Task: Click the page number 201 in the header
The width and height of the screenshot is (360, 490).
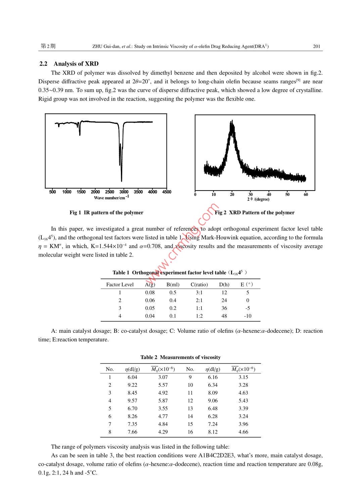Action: pyautogui.click(x=316, y=46)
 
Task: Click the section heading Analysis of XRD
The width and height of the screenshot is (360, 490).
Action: pyautogui.click(x=76, y=64)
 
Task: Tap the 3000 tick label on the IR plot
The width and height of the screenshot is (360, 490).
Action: pyautogui.click(x=124, y=192)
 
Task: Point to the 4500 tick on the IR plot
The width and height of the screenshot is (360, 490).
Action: pyautogui.click(x=167, y=192)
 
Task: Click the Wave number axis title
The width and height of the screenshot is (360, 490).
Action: pyautogui.click(x=111, y=198)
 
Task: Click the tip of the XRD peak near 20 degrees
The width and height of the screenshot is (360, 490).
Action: pyautogui.click(x=231, y=122)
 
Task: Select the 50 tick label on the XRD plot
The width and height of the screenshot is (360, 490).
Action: pyautogui.click(x=287, y=194)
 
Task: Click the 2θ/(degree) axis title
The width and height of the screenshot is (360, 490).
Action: pyautogui.click(x=258, y=199)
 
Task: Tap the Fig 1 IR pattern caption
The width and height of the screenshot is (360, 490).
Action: pyautogui.click(x=106, y=212)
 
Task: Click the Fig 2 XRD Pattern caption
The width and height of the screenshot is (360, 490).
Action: pyautogui.click(x=255, y=212)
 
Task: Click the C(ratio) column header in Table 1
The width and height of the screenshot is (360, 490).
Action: pyautogui.click(x=199, y=285)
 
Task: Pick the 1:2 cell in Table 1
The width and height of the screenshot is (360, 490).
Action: pyautogui.click(x=199, y=316)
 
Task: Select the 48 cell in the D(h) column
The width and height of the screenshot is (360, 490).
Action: pyautogui.click(x=224, y=316)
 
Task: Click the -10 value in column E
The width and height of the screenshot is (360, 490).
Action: pyautogui.click(x=248, y=316)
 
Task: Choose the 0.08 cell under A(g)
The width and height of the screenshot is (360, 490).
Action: pyautogui.click(x=150, y=292)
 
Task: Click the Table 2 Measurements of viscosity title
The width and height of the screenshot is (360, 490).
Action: pyautogui.click(x=180, y=357)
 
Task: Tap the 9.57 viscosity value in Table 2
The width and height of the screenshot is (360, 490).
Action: pyautogui.click(x=132, y=401)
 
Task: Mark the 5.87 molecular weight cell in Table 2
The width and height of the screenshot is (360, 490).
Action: pyautogui.click(x=163, y=401)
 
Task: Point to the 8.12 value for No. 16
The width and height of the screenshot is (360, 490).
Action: pyautogui.click(x=213, y=432)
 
